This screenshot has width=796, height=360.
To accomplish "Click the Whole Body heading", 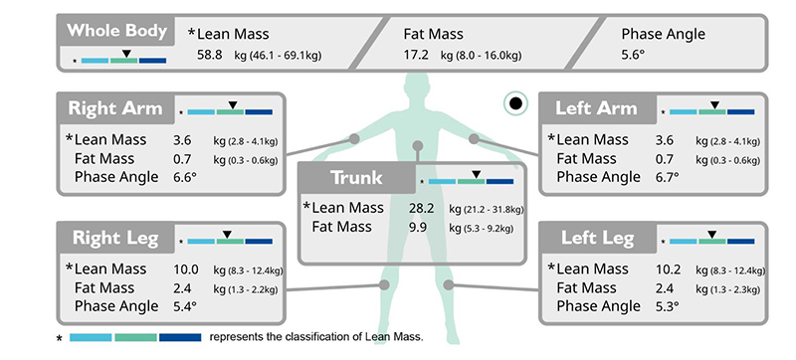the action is pos(116,31).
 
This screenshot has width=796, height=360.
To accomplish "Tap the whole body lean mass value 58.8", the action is pos(210,55).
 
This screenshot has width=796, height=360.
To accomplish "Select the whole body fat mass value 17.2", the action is pos(416,55).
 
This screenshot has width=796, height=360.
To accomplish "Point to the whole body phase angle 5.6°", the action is pos(633,55).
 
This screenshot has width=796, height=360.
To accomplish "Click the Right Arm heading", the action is pos(115,108).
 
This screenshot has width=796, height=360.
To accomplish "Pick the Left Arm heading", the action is pos(596,108).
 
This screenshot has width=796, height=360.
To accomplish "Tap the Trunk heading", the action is pos(356,178).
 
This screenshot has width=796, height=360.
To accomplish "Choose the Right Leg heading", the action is pos(115,238).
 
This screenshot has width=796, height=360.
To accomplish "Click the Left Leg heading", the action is pos(598,238).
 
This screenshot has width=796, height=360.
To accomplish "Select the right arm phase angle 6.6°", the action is pos(185,177).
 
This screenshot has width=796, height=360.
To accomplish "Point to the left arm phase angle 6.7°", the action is pos(667,177).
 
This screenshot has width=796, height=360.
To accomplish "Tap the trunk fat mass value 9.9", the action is pos(418,227).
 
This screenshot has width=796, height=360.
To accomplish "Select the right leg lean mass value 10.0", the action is pos(186,270).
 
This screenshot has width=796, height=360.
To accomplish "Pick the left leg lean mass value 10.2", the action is pos(668,270).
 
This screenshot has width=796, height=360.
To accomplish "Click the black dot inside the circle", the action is pos(515,103).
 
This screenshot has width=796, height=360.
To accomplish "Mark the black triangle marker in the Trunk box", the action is pos(476,174).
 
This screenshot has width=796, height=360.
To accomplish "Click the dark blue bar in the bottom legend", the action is pos(180,337).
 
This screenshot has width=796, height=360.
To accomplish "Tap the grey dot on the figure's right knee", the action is pos(384,285).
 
